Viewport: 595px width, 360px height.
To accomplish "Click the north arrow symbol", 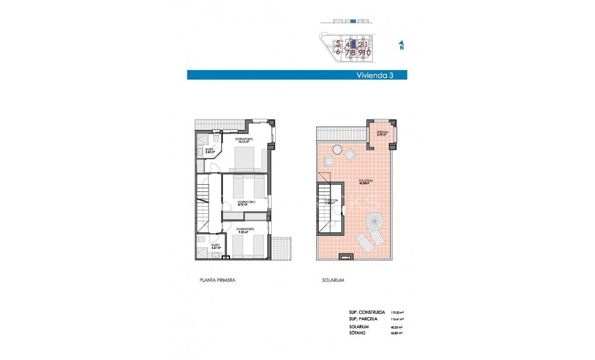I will [x=402, y=45].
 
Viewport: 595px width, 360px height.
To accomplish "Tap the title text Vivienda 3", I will [x=374, y=75].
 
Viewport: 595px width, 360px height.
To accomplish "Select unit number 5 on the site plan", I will [x=338, y=43].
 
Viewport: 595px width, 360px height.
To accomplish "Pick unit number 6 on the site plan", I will [x=338, y=52].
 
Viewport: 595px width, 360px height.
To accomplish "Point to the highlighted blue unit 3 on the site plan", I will [x=354, y=43].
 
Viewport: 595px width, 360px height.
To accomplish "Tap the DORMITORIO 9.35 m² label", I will [x=245, y=230].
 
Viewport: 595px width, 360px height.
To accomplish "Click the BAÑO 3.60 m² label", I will [x=209, y=151].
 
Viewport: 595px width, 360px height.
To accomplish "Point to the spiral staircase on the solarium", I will [x=374, y=222].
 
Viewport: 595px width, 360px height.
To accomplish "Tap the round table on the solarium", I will [x=337, y=149].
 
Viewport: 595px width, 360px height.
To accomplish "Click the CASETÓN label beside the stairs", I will [x=331, y=202].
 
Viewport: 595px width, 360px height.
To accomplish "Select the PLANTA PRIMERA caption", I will [x=218, y=280].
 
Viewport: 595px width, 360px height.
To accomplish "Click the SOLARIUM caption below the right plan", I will [x=334, y=280].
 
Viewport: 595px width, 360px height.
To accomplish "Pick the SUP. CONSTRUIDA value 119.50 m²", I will [x=397, y=312].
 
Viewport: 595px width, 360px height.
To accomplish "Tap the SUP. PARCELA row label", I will [x=363, y=318].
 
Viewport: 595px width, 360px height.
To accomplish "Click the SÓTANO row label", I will [x=357, y=333].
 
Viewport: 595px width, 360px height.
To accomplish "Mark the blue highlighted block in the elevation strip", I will [x=353, y=21].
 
